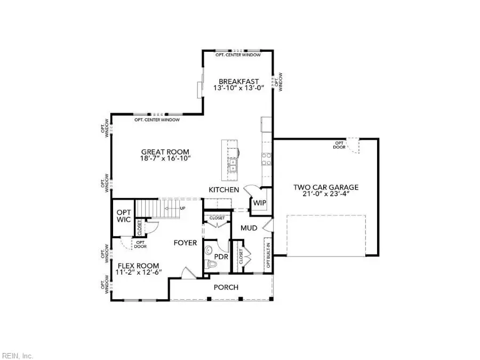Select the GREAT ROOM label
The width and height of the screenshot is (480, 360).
(x=165, y=151)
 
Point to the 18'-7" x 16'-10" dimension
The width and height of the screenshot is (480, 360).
(x=165, y=158)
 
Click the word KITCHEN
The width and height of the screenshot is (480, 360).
(x=223, y=190)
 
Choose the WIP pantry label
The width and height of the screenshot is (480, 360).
(x=259, y=203)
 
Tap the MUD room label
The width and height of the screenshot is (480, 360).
(x=249, y=228)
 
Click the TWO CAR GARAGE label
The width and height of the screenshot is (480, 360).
(x=325, y=187)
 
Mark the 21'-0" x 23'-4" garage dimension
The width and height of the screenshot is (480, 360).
(x=325, y=195)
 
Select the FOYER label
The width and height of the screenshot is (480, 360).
(x=185, y=243)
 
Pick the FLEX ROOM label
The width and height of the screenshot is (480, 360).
(x=139, y=265)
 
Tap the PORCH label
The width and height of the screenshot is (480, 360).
(x=226, y=287)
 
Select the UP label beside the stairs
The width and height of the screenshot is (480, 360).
(x=182, y=209)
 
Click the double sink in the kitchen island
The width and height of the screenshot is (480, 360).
(x=233, y=164)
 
